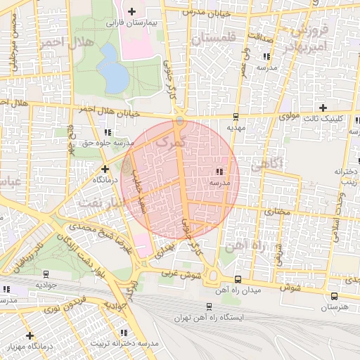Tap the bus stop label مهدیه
pyautogui.click(x=236, y=128)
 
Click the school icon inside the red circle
pyautogui.click(x=219, y=172)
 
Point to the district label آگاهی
pyautogui.click(x=266, y=165)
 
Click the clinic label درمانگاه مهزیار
pyautogui.click(x=30, y=347)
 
